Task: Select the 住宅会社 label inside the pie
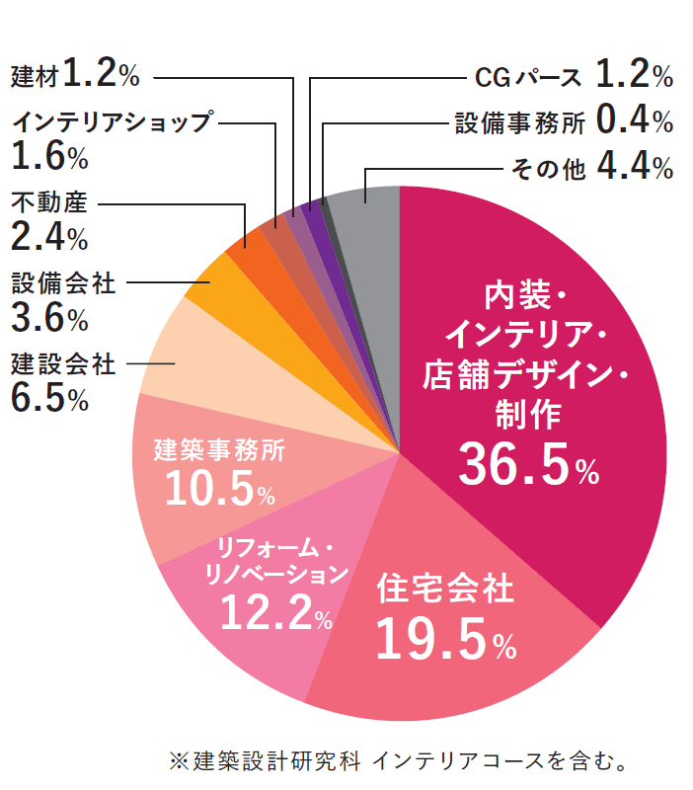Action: pyautogui.click(x=445, y=590)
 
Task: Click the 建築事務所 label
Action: pyautogui.click(x=219, y=451)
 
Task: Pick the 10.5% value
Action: pyautogui.click(x=219, y=490)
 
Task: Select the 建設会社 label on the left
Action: pyautogui.click(x=63, y=364)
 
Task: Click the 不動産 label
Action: pyautogui.click(x=49, y=203)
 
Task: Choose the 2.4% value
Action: pyautogui.click(x=50, y=237)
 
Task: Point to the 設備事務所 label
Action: pyautogui.click(x=520, y=121)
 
